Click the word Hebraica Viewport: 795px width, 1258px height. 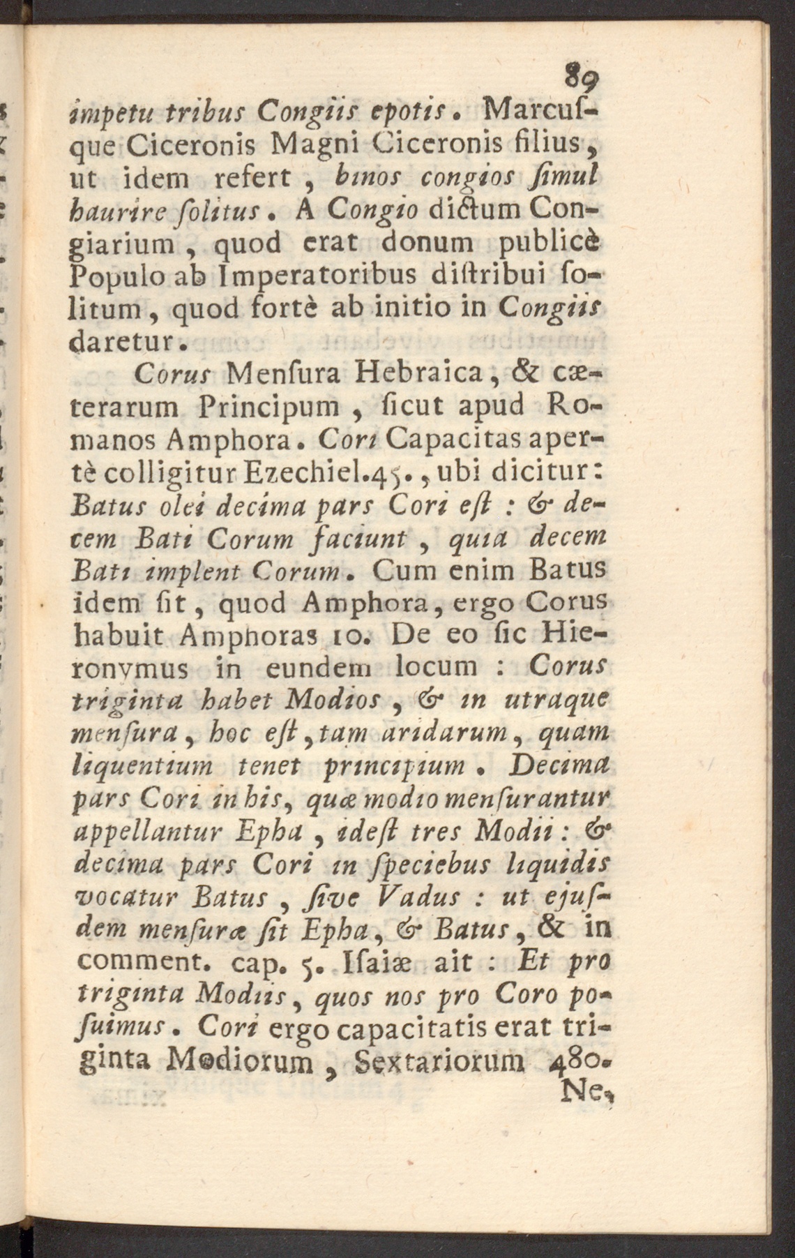coord(418,373)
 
